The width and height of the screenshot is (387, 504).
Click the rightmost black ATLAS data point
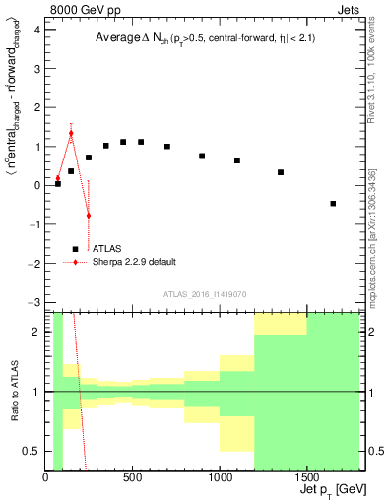(333, 204)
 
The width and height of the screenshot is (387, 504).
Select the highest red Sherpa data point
(71, 133)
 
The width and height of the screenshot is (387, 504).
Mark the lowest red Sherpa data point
(88, 215)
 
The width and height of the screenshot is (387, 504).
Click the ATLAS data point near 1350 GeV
(281, 172)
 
